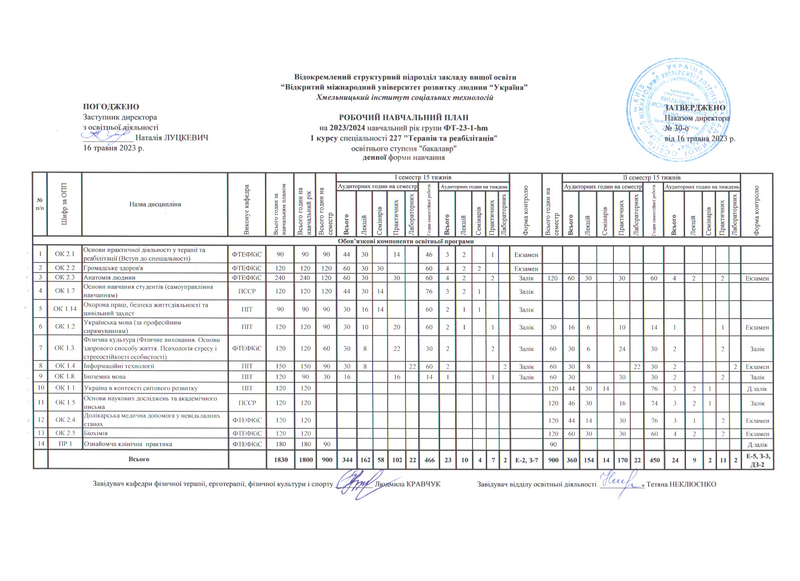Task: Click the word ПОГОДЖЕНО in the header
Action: [111, 107]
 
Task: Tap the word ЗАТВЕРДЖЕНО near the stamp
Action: [695, 108]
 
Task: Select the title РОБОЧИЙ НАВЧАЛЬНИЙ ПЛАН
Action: [404, 118]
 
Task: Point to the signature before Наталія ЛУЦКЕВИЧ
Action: [108, 135]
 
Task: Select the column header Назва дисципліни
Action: [155, 204]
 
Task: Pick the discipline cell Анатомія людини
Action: [109, 277]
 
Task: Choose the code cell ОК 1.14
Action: [65, 309]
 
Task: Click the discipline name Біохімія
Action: [95, 433]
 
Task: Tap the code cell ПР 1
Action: [65, 444]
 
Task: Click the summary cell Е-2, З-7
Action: [526, 460]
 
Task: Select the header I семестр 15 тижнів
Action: [423, 177]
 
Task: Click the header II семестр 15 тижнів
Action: [652, 177]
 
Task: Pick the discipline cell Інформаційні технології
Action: [118, 366]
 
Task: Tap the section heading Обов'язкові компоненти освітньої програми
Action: [404, 241]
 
